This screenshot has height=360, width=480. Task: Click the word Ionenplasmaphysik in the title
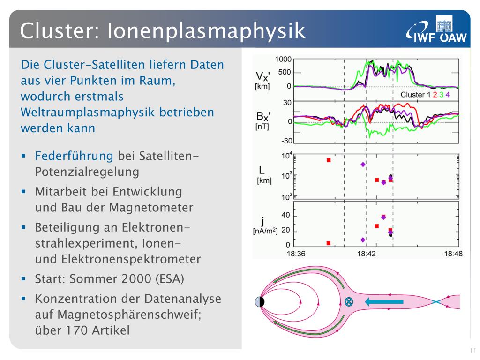coord(206,31)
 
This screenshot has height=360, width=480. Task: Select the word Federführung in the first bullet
coord(74,156)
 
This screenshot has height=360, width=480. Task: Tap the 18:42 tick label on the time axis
coord(366,254)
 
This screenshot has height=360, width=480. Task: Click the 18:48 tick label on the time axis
coord(453,254)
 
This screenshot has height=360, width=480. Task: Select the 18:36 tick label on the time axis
coord(296,254)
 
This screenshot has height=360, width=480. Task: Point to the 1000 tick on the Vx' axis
coord(283,59)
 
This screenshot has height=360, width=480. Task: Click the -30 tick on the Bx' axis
coord(287,141)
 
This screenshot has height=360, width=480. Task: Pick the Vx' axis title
coord(262,80)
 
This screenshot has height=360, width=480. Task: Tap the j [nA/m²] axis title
coord(265,226)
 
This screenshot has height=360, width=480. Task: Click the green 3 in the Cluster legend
coord(442,95)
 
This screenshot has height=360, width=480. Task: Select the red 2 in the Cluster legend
coord(435,95)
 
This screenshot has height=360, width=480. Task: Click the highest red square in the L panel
coord(329,160)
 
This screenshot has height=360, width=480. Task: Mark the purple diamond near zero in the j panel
coord(363,240)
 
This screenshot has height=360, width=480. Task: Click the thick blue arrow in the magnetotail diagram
coord(384,302)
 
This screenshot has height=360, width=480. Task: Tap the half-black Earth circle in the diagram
coord(260,302)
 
